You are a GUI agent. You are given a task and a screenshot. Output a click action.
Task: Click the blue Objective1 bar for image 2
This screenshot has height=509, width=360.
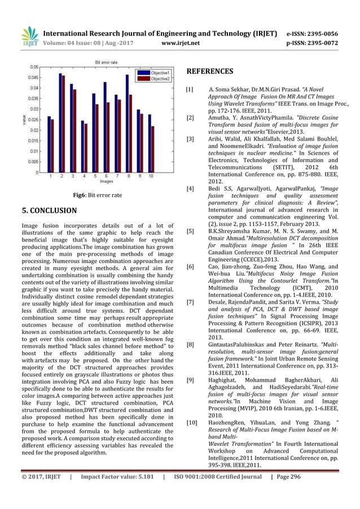(x=60, y=122)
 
